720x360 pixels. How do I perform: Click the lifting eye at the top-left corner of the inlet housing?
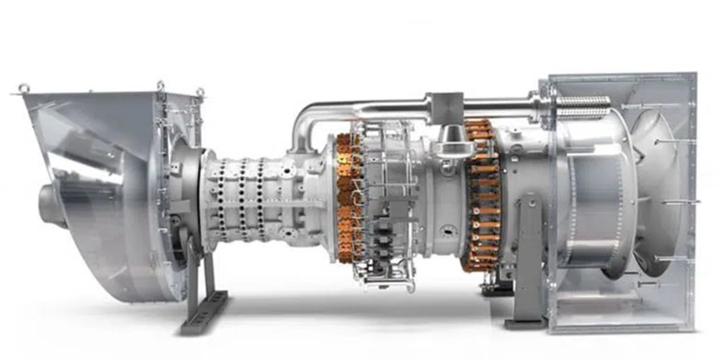[23, 89]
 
